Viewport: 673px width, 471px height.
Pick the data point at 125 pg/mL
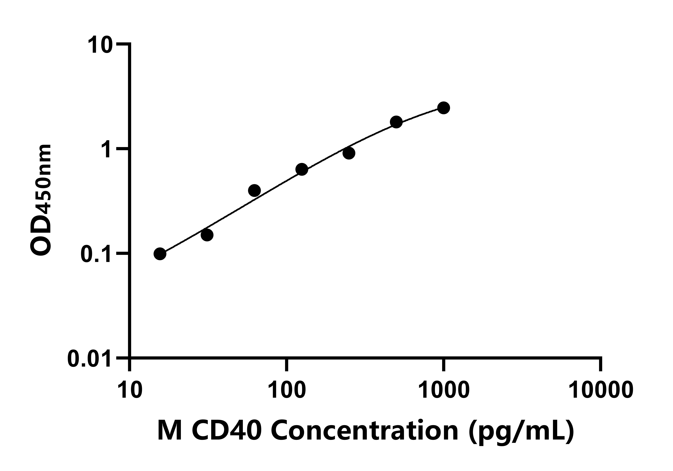[302, 169]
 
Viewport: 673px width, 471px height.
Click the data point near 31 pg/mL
[207, 235]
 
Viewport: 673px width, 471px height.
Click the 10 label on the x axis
[130, 390]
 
